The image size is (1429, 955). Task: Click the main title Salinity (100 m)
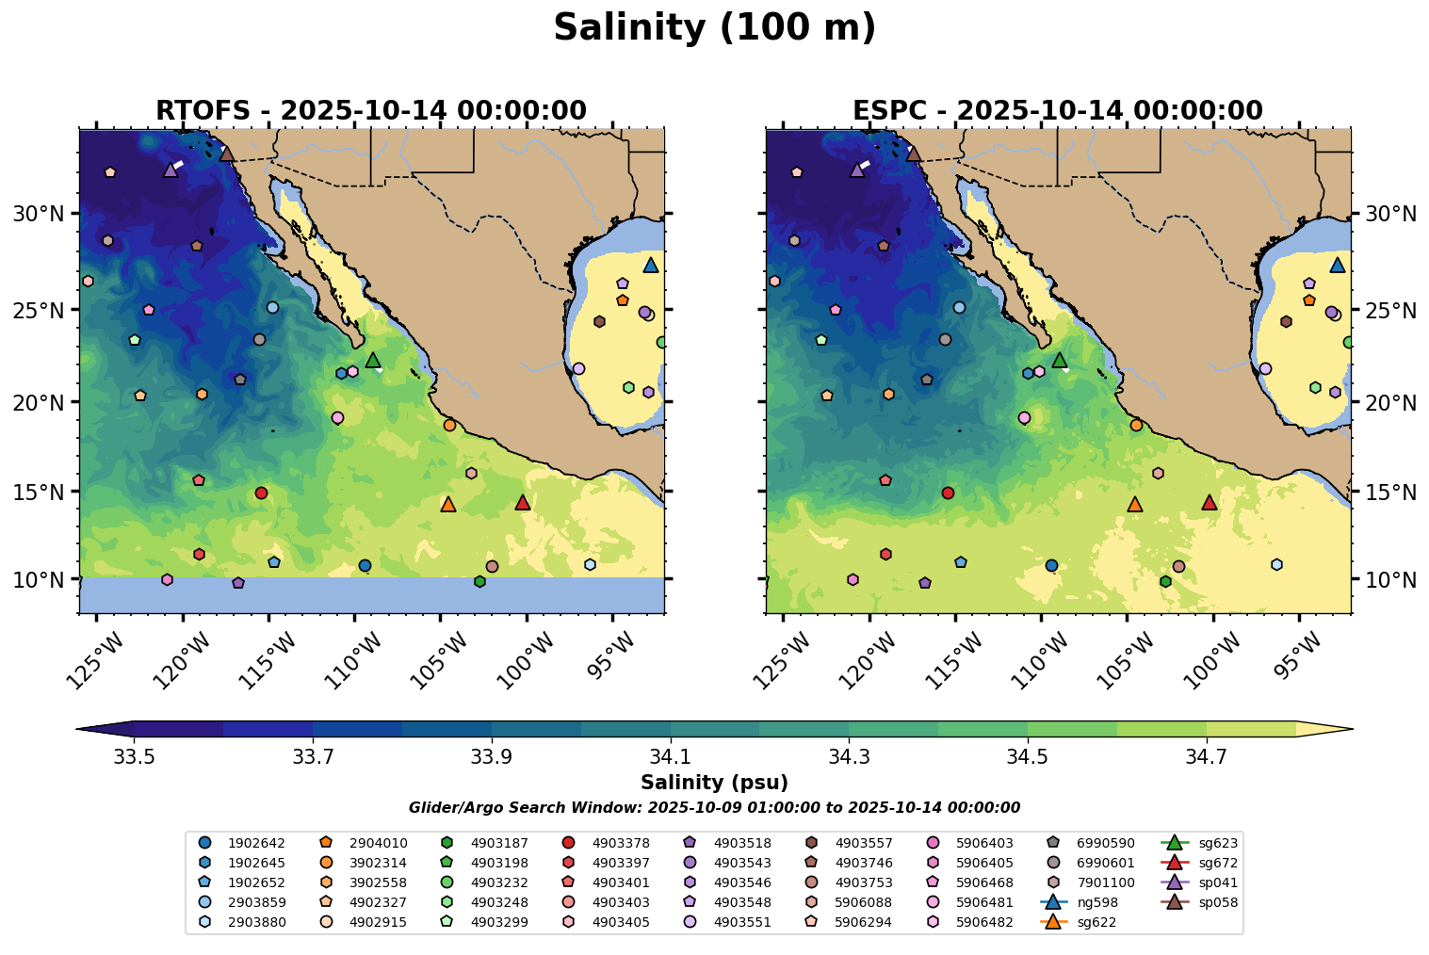click(714, 28)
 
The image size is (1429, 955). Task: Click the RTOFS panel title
click(370, 111)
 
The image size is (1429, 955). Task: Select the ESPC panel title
click(1057, 111)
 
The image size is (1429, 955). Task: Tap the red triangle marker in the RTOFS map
click(523, 503)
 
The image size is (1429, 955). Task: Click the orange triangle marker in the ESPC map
click(1134, 505)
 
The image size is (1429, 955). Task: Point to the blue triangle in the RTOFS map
click(651, 266)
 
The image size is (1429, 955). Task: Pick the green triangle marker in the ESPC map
click(1059, 360)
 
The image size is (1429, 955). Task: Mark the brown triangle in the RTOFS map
click(226, 154)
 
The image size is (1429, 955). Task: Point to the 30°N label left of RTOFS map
click(39, 214)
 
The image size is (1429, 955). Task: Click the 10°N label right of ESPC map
click(1390, 579)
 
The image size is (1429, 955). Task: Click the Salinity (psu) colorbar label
click(714, 783)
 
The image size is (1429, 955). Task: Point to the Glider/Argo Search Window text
click(714, 808)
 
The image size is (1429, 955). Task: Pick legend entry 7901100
click(1106, 882)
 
